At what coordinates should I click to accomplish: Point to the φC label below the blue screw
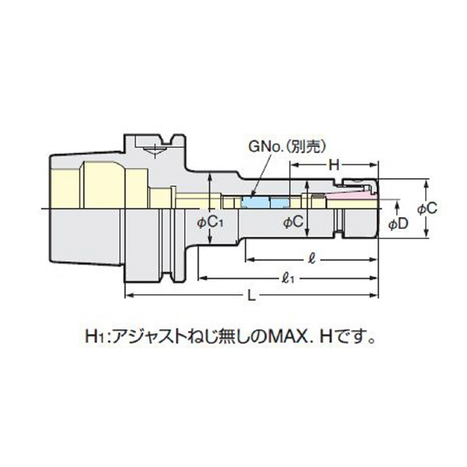click(x=292, y=223)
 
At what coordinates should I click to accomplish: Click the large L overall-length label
click(x=251, y=297)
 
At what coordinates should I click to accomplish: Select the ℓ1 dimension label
click(x=290, y=276)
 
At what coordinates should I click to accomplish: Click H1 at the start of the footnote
click(x=93, y=339)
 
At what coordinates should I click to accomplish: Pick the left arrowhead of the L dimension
click(x=127, y=294)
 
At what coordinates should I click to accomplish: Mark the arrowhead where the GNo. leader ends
click(x=254, y=195)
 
